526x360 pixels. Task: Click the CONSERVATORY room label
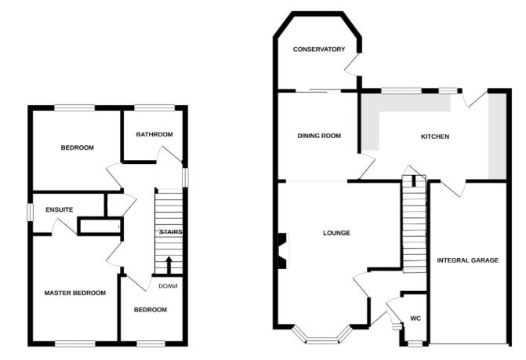pos(319,49)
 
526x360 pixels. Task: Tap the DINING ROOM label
pos(319,136)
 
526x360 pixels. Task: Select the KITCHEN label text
pos(435,136)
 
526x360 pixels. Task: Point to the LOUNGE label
pos(336,233)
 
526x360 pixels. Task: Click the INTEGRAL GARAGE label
pos(468,260)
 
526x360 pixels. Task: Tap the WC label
pos(415,318)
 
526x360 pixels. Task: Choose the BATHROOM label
pos(154,135)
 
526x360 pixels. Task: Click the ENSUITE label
pos(60,209)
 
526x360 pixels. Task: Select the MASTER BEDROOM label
pos(75,293)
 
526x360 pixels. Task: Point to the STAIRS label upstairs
pos(171,232)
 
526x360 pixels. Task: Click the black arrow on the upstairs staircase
pos(169,265)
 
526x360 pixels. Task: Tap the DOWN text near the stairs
pos(168,286)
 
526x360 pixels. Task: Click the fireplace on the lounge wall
pos(283,251)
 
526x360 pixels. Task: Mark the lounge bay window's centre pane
pos(322,341)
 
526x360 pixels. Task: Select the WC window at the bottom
pos(415,344)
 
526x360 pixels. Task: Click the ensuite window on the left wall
pos(31,213)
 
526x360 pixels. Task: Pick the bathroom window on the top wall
pos(154,107)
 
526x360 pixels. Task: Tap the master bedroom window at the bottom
pos(75,344)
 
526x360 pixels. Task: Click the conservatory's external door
pos(353,65)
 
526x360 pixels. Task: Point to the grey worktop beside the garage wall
pos(497,136)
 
